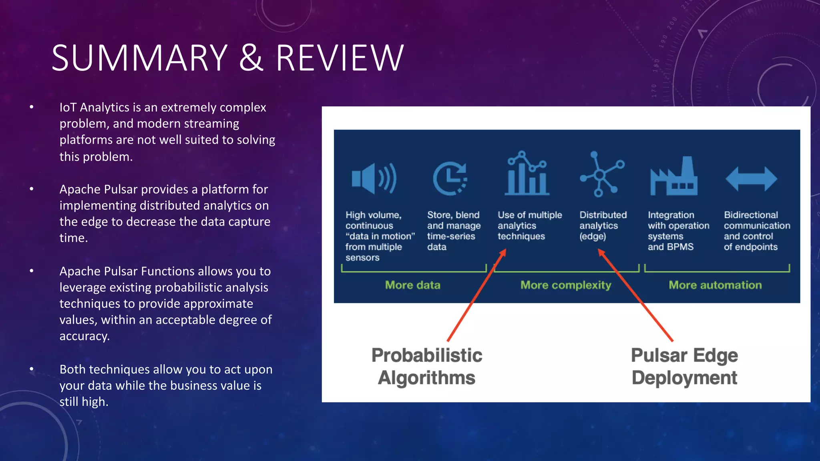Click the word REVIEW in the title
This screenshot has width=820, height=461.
click(340, 58)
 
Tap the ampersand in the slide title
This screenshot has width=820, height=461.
click(251, 58)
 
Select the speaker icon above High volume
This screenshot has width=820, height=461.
click(374, 178)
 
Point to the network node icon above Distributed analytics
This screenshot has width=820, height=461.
click(601, 174)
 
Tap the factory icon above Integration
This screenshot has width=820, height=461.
click(674, 176)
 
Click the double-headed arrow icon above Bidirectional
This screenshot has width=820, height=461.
click(751, 179)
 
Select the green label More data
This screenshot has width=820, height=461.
click(412, 285)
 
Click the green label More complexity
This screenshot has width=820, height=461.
click(565, 285)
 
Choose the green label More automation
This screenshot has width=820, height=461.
click(715, 285)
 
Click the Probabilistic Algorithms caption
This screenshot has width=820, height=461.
click(427, 367)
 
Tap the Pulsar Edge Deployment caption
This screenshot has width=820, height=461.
click(684, 367)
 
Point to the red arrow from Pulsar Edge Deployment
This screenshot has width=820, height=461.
click(637, 296)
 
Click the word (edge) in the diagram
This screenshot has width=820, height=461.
click(593, 237)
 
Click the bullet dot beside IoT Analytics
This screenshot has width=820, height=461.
click(32, 107)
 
